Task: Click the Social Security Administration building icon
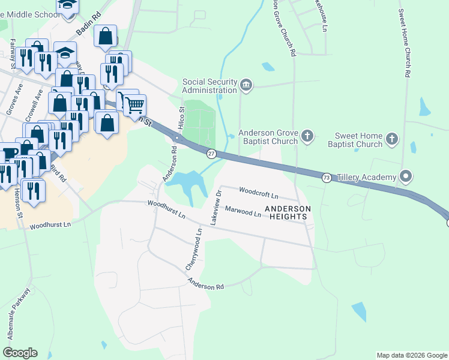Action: (x=246, y=86)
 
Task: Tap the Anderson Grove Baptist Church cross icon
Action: (x=307, y=136)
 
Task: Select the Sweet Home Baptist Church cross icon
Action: (x=391, y=139)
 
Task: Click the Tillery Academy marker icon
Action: (x=406, y=176)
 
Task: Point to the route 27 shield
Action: (x=211, y=154)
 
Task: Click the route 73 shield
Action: (x=327, y=178)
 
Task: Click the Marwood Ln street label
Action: (x=243, y=211)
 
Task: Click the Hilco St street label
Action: (x=181, y=114)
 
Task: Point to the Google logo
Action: (x=20, y=353)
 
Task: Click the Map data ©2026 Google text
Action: (x=411, y=355)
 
